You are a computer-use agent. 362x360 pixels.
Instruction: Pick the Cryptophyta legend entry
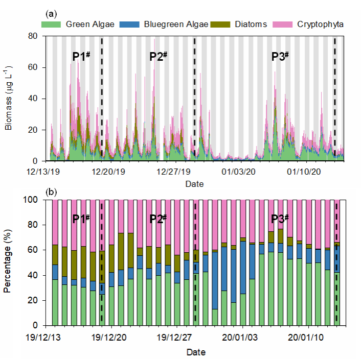320,24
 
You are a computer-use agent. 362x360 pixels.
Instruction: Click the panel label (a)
51,12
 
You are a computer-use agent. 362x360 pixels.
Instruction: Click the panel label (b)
51,193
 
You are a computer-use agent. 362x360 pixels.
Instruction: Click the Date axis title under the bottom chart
195,352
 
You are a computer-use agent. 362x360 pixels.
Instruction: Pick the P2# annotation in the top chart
159,57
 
